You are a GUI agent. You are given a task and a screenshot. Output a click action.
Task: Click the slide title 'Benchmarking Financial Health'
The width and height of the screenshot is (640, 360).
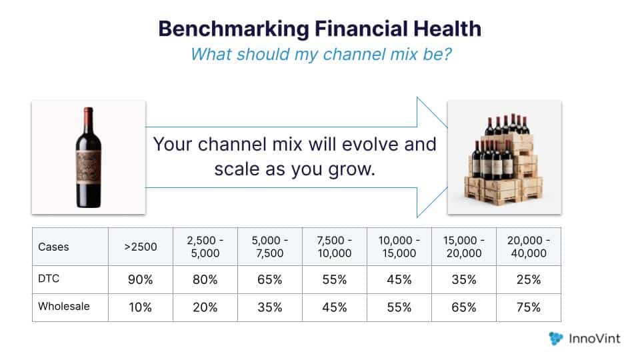[319, 29]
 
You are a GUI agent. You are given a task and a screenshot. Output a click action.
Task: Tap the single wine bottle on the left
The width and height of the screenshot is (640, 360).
[88, 157]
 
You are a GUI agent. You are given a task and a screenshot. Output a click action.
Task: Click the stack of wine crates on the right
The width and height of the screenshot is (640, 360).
[505, 159]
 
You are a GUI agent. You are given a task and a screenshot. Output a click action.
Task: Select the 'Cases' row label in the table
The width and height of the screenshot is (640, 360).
[53, 247]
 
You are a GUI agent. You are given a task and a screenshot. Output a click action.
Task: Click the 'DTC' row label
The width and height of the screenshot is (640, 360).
[49, 279]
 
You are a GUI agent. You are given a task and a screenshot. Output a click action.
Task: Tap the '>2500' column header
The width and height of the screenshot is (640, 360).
[141, 247]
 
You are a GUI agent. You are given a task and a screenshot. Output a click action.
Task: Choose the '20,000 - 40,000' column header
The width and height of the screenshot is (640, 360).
[528, 247]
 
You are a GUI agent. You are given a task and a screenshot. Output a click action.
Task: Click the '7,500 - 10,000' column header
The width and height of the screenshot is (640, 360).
[334, 247]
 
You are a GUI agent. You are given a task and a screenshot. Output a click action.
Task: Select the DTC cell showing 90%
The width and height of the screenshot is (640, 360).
[141, 280]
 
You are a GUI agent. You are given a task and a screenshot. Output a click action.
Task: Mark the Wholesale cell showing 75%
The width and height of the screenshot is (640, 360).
[528, 308]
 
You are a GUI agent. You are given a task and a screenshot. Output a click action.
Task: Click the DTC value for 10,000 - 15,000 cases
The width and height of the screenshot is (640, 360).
[399, 280]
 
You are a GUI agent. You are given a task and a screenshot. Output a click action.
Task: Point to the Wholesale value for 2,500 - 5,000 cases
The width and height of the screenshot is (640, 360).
[205, 308]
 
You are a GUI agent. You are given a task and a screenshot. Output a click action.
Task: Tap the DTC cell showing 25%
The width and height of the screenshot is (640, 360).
[528, 280]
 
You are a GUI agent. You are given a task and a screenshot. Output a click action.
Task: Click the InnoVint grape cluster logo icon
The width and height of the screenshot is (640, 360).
[556, 339]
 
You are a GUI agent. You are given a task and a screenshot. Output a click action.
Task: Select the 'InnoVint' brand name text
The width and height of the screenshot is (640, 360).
[595, 339]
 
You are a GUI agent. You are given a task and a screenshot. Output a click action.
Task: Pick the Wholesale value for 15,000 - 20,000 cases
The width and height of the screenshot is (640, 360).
[463, 308]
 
